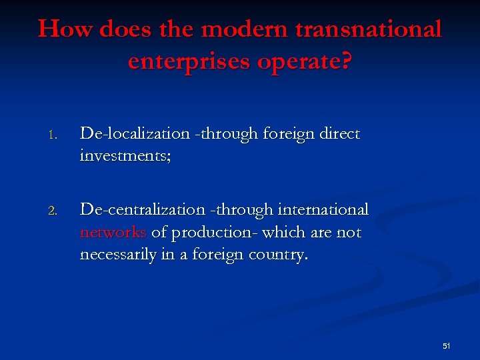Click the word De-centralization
[140, 210]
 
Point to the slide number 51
[446, 346]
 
